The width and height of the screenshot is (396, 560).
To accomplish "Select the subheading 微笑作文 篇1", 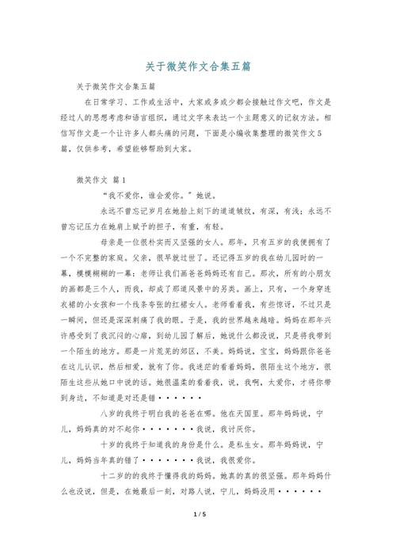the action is (x=95, y=180).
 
